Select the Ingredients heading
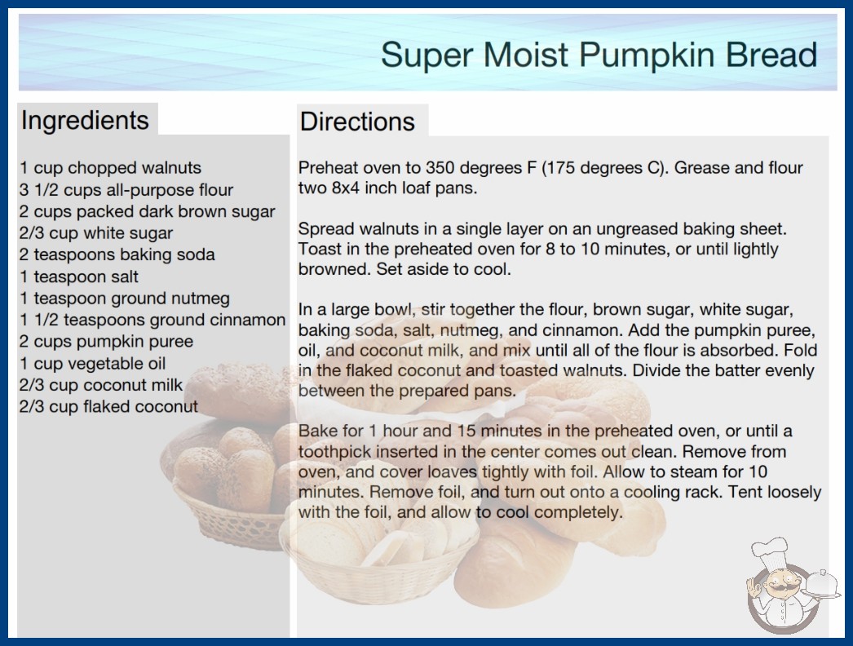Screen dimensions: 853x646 point(85,120)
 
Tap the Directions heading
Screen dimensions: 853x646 point(357,122)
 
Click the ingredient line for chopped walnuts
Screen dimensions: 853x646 point(110,168)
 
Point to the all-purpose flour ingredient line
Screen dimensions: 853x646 point(126,190)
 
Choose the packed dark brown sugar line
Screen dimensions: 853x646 point(148,212)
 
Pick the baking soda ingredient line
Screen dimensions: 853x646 point(117,254)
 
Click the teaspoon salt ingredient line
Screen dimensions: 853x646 point(79,277)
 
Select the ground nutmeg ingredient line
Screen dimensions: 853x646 point(125,299)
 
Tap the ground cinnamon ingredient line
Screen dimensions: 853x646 point(152,320)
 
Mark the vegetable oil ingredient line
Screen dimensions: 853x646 point(92,364)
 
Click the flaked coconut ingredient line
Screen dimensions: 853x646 point(108,406)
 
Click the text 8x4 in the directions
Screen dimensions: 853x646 point(346,188)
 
